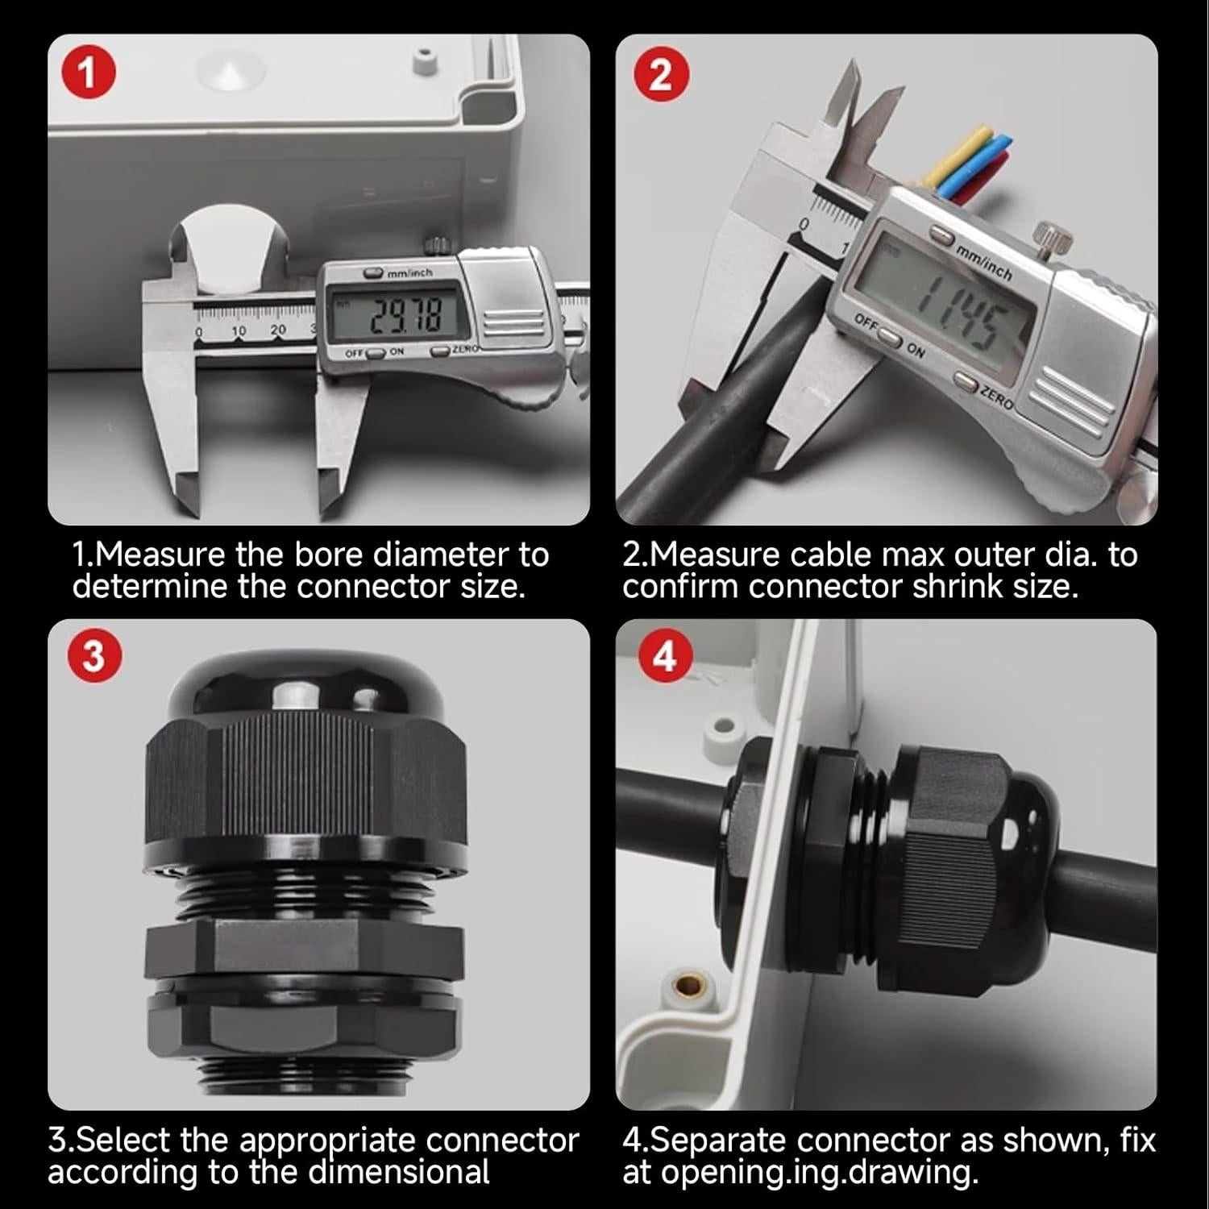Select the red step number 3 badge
pyautogui.click(x=93, y=657)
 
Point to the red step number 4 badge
pyautogui.click(x=663, y=657)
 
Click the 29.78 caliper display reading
pyautogui.click(x=406, y=317)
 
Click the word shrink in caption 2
pyautogui.click(x=970, y=587)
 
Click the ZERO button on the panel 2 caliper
pyautogui.click(x=966, y=380)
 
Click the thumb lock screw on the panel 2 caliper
pyautogui.click(x=1053, y=238)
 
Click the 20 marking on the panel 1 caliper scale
pyautogui.click(x=278, y=330)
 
